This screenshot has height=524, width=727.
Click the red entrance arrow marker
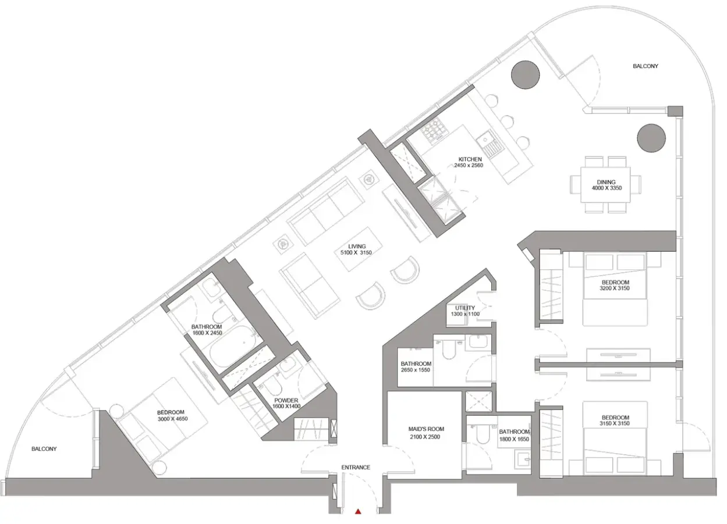coord(358,512)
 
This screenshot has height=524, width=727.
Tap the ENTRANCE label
coord(356,467)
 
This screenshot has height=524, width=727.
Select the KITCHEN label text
coord(470,159)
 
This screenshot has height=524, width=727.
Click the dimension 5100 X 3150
coord(356,252)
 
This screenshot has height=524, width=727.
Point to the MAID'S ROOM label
coord(426,429)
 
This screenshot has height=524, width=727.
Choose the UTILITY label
coord(464,308)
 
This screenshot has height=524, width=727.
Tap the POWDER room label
coord(286,401)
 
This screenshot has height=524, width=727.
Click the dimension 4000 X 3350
coord(607,188)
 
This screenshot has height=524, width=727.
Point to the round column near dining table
coord(651,138)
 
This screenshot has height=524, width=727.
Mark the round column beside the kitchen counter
coord(525,74)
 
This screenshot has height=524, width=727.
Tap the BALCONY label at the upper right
coord(646,66)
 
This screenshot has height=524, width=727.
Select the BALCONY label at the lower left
coord(44,449)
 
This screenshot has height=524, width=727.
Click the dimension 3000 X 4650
coord(173,419)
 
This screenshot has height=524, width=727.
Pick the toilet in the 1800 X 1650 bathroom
coord(483,434)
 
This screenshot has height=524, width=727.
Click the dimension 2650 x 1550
coord(416,370)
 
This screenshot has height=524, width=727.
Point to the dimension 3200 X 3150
coord(615,288)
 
